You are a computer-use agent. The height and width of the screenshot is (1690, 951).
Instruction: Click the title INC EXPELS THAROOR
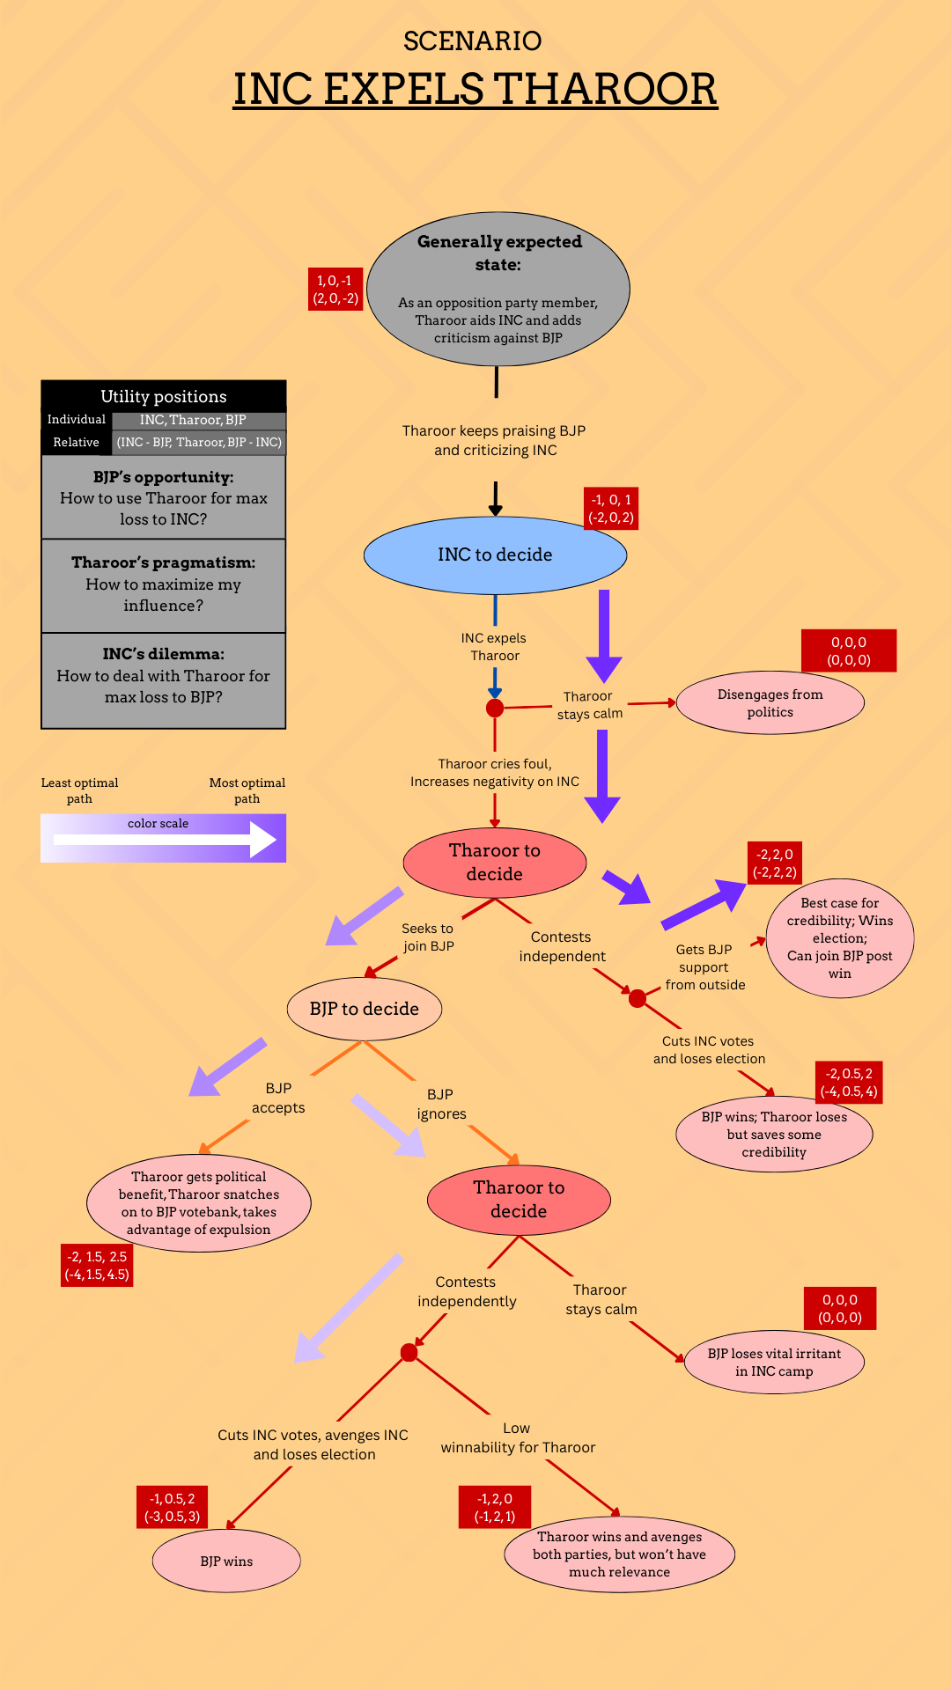(475, 89)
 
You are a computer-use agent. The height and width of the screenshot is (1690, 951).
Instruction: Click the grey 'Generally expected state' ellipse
(498, 289)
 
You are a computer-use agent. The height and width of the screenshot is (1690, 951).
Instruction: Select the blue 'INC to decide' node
(495, 555)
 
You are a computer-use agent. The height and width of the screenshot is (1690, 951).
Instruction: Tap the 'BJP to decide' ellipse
(365, 1009)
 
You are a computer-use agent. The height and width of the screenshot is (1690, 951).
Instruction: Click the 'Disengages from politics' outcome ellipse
(770, 703)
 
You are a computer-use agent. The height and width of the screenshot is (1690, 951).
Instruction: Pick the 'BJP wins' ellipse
(226, 1561)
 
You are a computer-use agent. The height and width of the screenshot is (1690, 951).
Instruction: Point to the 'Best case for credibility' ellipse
(840, 938)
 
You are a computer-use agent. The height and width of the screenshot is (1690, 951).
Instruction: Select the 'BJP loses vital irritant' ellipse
(774, 1362)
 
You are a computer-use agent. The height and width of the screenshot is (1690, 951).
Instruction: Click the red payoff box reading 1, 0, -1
(335, 290)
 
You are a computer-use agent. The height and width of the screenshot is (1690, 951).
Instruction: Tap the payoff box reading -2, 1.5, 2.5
(97, 1266)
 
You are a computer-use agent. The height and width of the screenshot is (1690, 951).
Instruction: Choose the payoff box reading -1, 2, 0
(495, 1507)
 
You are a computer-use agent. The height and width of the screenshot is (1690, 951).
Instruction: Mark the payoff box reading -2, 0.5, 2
(849, 1083)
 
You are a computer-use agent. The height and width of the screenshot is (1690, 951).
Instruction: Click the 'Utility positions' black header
(164, 396)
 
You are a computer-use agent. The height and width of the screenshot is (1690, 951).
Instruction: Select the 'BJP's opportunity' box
(164, 497)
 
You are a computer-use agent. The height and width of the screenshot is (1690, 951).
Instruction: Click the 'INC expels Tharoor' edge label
(494, 647)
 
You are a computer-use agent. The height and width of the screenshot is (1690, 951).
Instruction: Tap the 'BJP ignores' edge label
(441, 1104)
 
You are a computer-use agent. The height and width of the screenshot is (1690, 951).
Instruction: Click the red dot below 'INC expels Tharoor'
(495, 708)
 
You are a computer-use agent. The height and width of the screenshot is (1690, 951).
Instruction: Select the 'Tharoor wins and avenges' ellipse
(619, 1554)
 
